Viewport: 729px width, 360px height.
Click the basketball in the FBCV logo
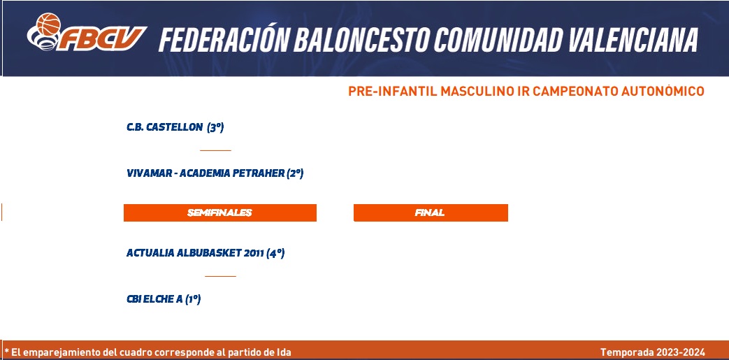[48, 24]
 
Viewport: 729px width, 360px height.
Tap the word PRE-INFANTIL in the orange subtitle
[392, 91]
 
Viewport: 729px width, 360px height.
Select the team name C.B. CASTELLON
[164, 127]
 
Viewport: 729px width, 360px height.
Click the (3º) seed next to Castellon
[215, 127]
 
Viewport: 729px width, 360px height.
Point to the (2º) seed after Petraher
[295, 173]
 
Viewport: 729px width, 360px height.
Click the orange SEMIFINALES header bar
[220, 213]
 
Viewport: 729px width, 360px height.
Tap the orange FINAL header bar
[431, 213]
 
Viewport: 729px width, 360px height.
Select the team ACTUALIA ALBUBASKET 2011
[195, 253]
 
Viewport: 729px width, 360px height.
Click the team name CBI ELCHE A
[154, 299]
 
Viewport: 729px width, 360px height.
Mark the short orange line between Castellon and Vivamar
[215, 150]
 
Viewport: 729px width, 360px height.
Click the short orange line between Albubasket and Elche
[220, 276]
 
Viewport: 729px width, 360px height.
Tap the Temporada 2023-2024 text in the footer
[653, 352]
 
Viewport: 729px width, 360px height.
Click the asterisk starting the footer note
[6, 350]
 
